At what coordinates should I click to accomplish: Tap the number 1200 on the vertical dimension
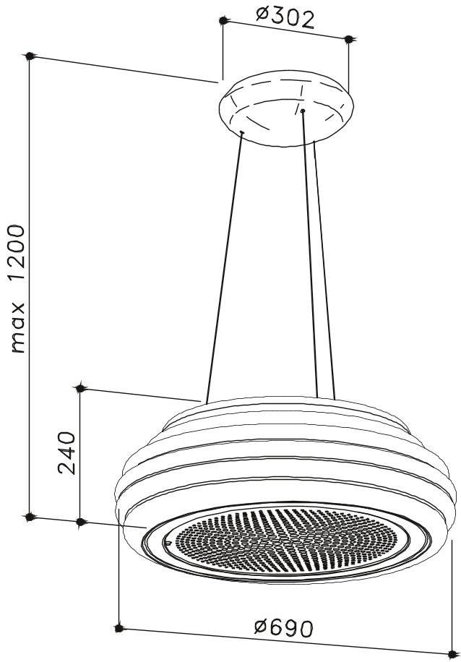(x=18, y=252)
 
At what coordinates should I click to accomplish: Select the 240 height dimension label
(x=66, y=452)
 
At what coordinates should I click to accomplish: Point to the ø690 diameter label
(x=284, y=629)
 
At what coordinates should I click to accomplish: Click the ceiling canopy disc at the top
(x=286, y=108)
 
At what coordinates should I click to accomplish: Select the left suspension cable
(x=224, y=267)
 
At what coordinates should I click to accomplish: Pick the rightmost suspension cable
(x=324, y=270)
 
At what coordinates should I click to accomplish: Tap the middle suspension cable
(x=309, y=254)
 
